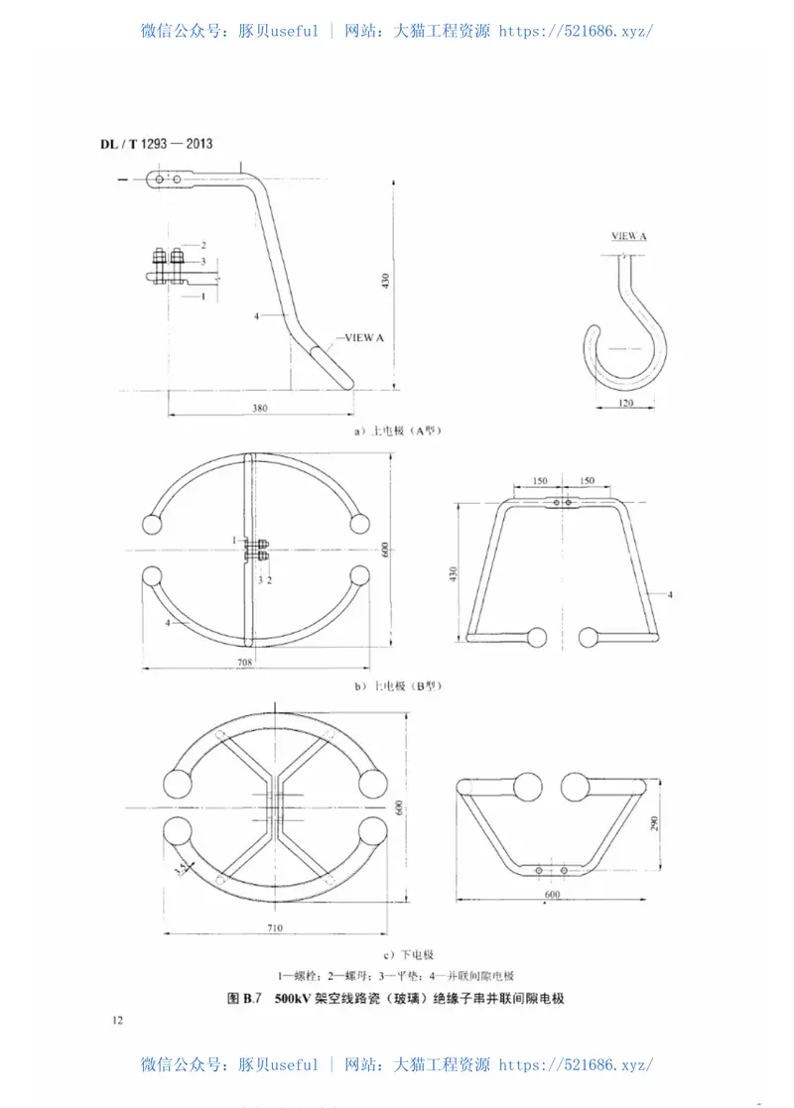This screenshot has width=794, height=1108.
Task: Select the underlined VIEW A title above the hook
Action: click(629, 236)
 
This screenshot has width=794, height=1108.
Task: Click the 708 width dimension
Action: click(245, 661)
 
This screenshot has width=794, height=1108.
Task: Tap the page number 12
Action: click(118, 1020)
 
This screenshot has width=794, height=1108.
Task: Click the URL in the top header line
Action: click(575, 31)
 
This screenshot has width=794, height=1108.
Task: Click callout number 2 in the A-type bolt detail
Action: click(202, 244)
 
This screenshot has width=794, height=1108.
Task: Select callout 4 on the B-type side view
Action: click(671, 594)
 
